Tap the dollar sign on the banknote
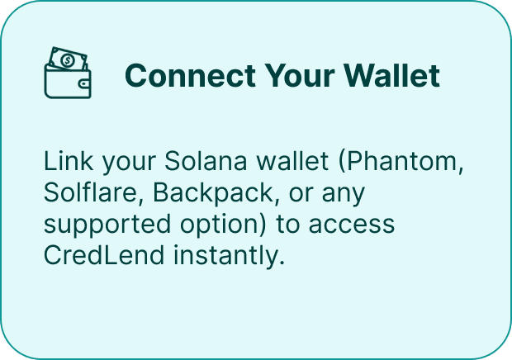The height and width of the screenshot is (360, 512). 65,60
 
